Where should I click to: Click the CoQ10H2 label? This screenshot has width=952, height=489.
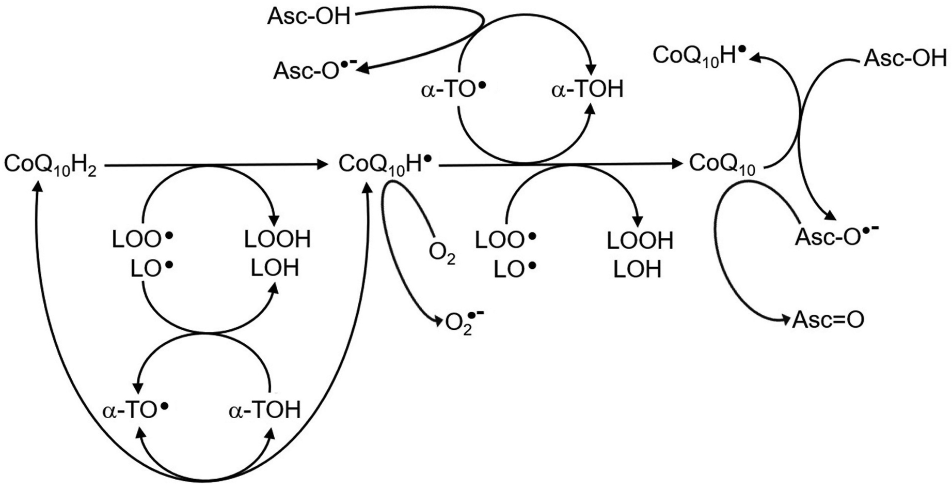tap(50, 165)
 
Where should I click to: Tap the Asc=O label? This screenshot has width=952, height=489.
tap(828, 320)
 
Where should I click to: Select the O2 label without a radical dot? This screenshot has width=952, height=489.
tap(442, 253)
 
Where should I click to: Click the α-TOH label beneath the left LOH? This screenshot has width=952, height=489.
tap(264, 410)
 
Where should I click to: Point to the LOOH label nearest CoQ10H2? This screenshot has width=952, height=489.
tap(277, 240)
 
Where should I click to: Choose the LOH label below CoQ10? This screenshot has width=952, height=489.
tap(637, 269)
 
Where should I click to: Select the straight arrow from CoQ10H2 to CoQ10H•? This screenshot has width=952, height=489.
tap(217, 165)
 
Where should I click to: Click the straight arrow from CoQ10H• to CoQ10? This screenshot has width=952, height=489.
tap(558, 164)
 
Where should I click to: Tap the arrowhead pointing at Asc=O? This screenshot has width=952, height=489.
tap(786, 320)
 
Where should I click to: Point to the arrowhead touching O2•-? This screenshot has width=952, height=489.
tap(439, 320)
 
